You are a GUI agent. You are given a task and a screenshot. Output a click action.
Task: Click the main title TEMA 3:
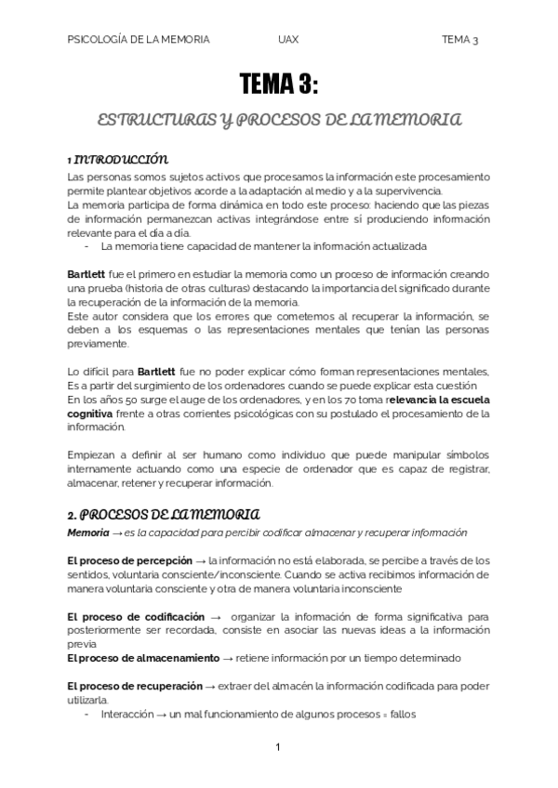pyautogui.click(x=279, y=87)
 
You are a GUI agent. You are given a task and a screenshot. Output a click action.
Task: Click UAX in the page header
pyautogui.click(x=287, y=40)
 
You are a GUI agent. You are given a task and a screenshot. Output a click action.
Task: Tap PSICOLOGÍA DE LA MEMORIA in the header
pyautogui.click(x=139, y=40)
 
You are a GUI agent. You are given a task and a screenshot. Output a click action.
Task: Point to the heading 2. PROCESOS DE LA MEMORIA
pyautogui.click(x=164, y=514)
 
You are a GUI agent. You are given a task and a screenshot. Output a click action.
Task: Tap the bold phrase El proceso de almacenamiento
pyautogui.click(x=142, y=657)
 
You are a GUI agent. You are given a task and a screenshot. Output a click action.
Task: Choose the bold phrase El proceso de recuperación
pyautogui.click(x=135, y=685)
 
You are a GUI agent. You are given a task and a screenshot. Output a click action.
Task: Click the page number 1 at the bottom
pyautogui.click(x=278, y=748)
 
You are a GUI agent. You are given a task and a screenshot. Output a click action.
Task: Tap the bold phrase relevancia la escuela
pyautogui.click(x=438, y=400)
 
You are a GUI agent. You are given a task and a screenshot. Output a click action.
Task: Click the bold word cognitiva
pyautogui.click(x=90, y=414)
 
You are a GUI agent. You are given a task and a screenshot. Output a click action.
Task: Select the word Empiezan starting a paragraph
pyautogui.click(x=92, y=455)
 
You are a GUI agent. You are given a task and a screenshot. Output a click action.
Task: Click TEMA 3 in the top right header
pyautogui.click(x=459, y=40)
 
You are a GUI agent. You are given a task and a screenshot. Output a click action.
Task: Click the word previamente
pyautogui.click(x=100, y=344)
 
